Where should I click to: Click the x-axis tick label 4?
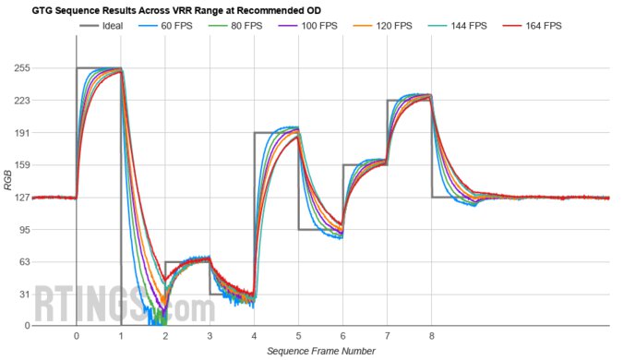254,337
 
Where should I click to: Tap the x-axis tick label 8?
431,337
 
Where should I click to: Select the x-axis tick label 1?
121,337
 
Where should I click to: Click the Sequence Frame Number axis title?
320,352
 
